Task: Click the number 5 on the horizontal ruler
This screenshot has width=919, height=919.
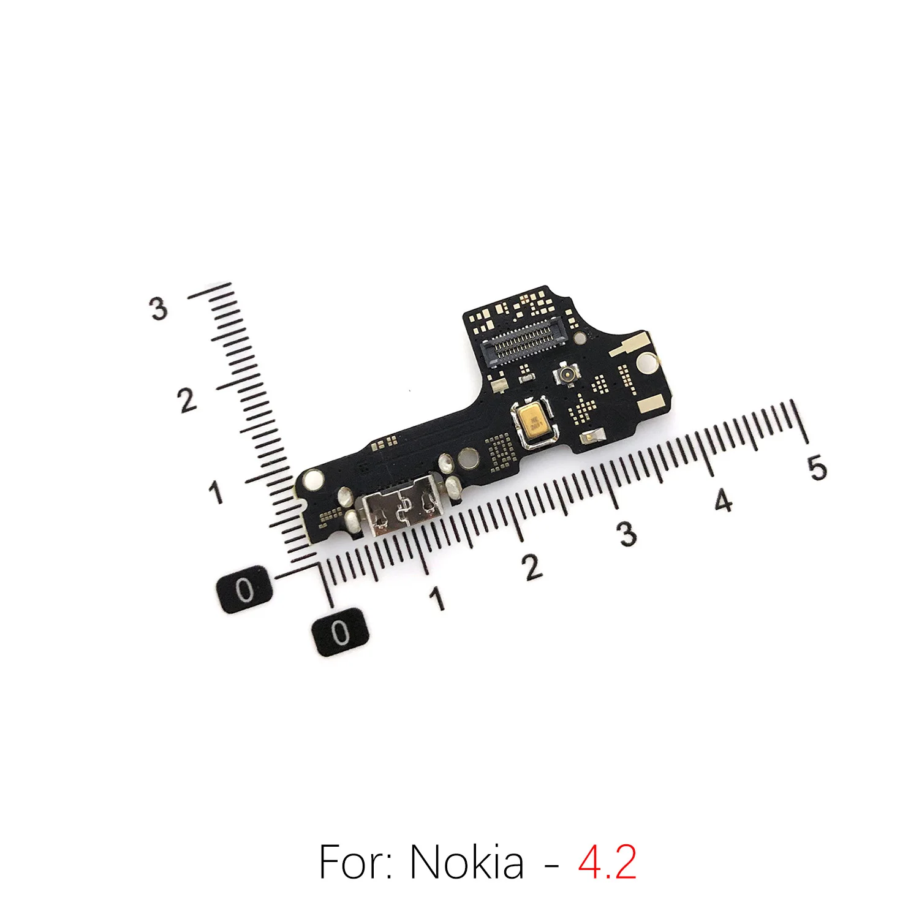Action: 817,468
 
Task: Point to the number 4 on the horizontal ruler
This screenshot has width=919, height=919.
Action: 724,501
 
